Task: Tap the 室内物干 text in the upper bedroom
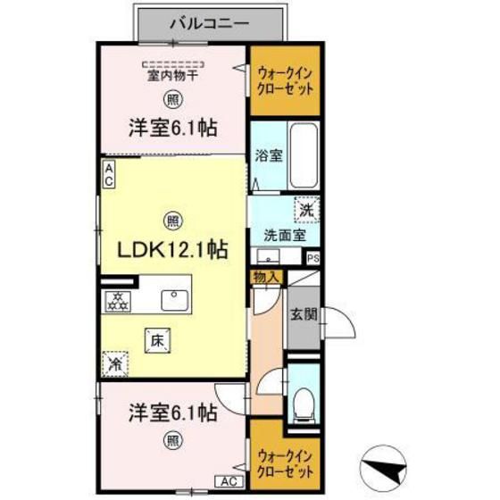coord(173,77)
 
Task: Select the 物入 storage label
coord(266,277)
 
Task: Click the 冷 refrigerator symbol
coord(115,363)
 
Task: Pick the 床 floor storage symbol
coord(157,338)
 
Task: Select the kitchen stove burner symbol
coord(118,301)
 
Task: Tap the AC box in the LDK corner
coord(107,175)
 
